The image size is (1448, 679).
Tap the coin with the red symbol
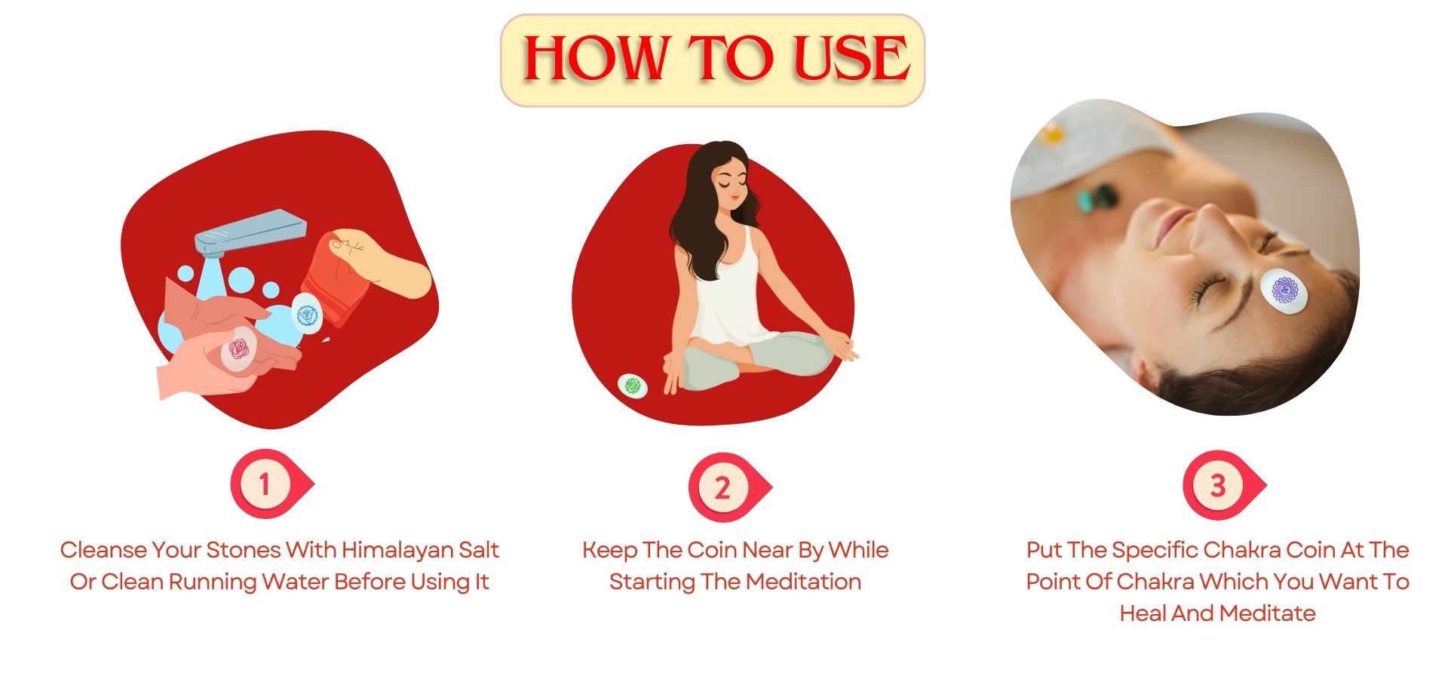click(238, 349)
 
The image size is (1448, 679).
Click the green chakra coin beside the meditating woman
click(633, 386)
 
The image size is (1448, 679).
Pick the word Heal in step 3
click(1143, 613)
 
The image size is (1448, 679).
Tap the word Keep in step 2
click(609, 551)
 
